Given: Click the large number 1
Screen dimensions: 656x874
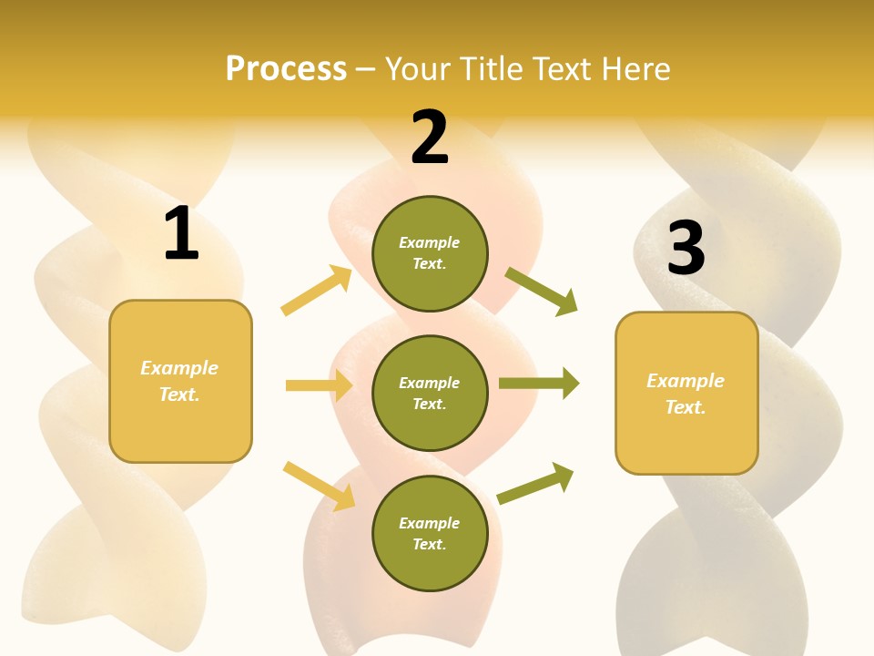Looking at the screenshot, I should (x=181, y=235).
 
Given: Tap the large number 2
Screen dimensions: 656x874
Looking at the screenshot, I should (x=430, y=138).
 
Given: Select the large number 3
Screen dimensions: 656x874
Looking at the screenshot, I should (x=686, y=248).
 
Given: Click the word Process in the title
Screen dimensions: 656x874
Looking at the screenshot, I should (x=286, y=68).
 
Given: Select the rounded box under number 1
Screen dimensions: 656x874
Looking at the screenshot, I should (x=180, y=381).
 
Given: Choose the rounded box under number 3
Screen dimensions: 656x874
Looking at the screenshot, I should (x=686, y=394).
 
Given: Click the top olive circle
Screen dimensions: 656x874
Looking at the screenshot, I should (x=430, y=253).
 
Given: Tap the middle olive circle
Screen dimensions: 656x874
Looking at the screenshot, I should (x=430, y=394).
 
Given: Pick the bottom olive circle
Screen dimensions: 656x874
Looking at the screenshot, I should (x=430, y=534).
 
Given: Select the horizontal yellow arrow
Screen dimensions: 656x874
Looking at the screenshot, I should (x=319, y=385).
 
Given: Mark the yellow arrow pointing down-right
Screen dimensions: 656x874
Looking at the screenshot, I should (x=320, y=486).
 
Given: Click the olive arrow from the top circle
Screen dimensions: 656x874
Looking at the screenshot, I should (x=542, y=291).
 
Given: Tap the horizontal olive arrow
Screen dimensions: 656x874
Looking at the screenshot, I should (x=539, y=384).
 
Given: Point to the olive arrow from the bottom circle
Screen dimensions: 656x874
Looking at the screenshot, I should (x=536, y=483).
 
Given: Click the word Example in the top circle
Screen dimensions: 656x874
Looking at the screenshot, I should (x=429, y=242).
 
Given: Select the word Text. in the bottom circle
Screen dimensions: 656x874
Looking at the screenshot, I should (x=429, y=545).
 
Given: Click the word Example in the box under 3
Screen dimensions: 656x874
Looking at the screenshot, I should (x=686, y=381).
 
